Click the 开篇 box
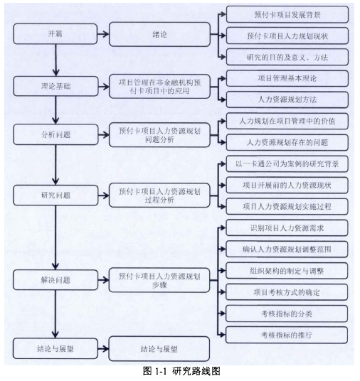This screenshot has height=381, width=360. point(55,34)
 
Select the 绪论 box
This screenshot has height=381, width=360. point(159,34)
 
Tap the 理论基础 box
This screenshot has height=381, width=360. point(55,86)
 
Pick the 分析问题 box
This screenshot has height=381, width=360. point(55,134)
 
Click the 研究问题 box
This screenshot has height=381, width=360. point(55,195)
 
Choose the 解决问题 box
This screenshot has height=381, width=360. point(55,280)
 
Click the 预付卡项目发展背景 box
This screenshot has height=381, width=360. point(287,15)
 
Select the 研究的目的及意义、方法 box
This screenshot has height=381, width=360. point(287,57)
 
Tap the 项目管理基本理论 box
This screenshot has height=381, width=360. point(287,78)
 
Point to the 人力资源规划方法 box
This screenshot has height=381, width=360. point(287,100)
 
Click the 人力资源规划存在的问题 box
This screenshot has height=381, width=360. point(287,142)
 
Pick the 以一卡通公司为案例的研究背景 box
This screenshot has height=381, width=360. point(287,163)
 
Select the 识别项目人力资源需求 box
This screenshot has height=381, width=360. point(287,228)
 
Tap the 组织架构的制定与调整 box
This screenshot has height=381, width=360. point(287,271)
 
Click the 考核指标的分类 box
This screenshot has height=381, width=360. point(287,313)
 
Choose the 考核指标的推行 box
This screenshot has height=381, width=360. point(287,335)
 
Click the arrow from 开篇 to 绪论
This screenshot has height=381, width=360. point(103,34)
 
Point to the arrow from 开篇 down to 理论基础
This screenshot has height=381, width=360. point(56,60)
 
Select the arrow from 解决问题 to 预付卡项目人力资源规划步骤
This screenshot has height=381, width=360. point(103,280)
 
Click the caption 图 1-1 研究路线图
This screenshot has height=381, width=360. point(181,371)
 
